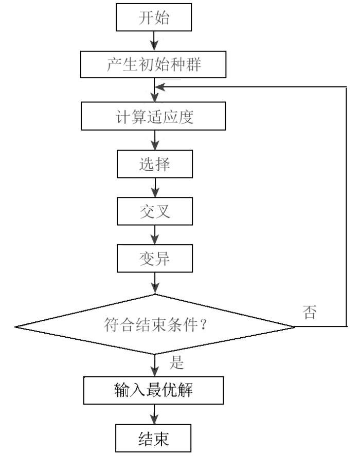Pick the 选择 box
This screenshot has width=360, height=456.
(x=154, y=165)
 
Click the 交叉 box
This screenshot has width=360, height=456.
(x=154, y=212)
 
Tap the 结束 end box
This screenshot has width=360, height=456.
(x=154, y=439)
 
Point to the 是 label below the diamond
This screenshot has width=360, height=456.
(x=176, y=363)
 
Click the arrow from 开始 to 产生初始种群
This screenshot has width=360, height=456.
(x=154, y=40)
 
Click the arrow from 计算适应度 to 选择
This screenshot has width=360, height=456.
(x=154, y=140)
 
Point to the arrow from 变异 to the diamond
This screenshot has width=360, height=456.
(x=154, y=283)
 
